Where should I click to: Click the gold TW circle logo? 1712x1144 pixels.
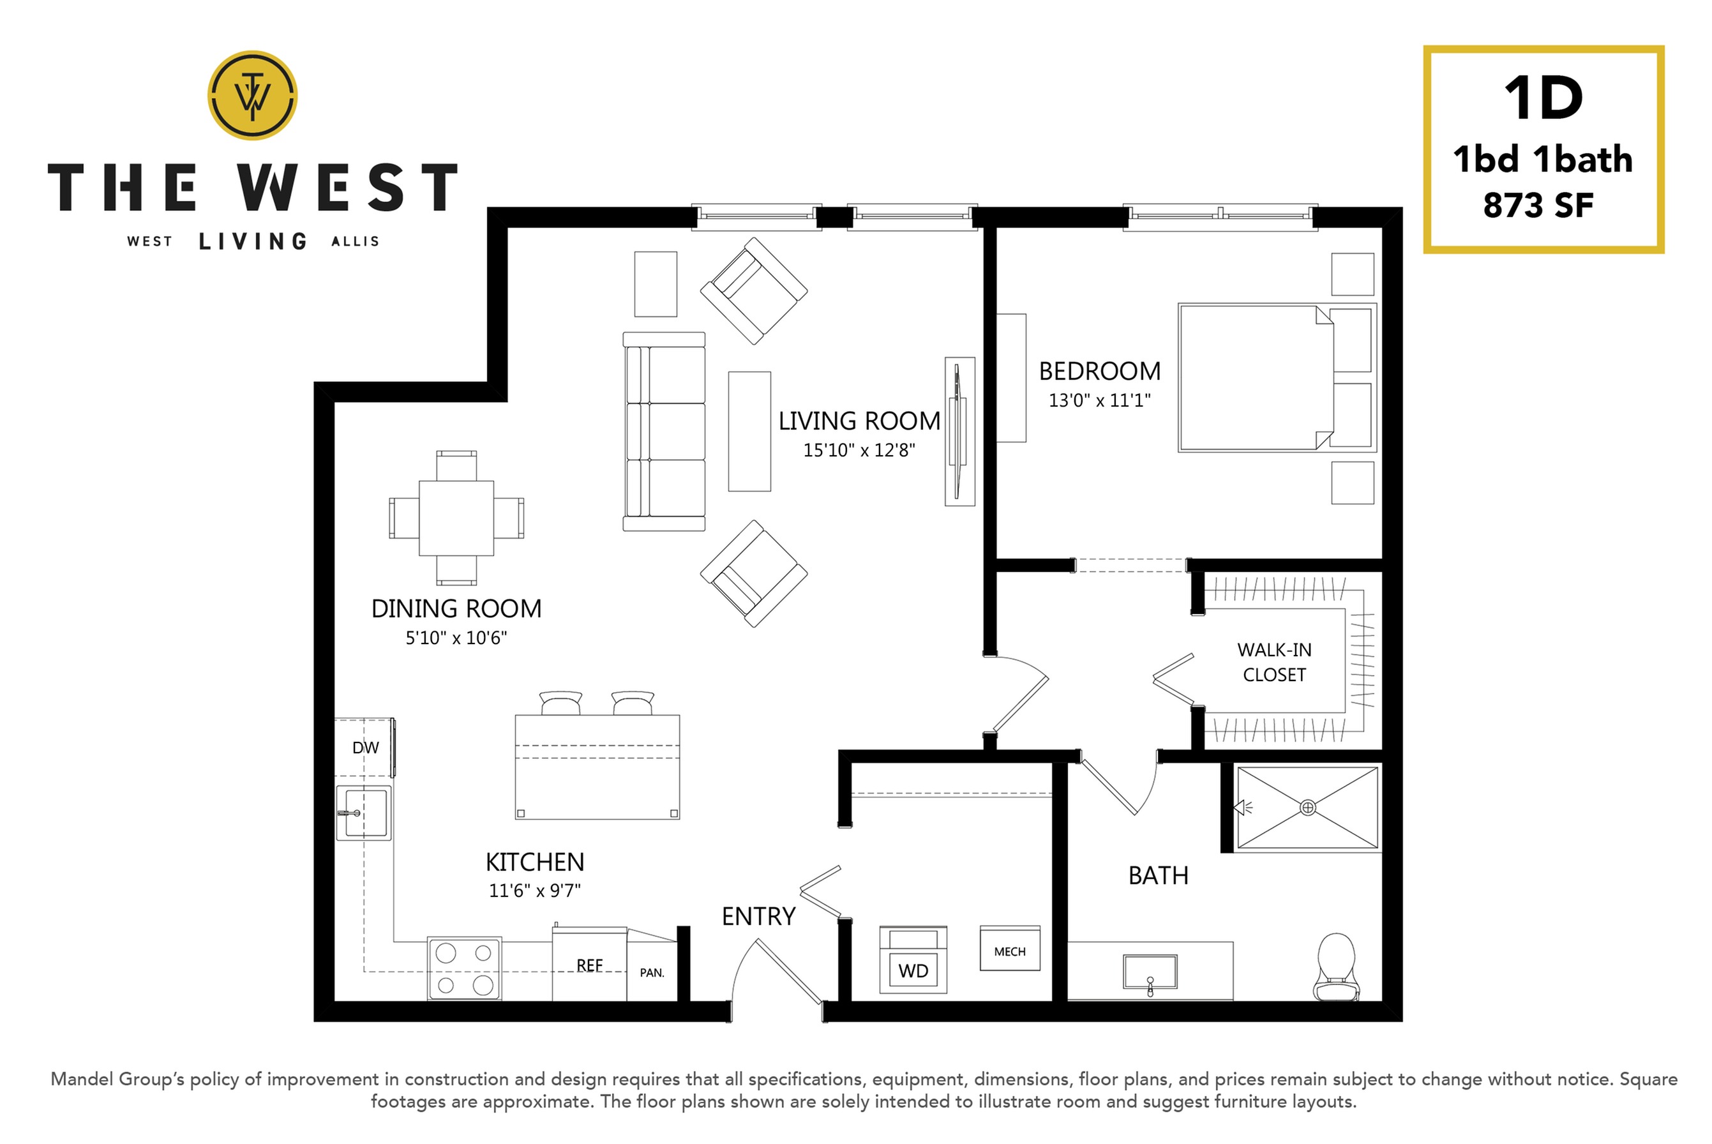[252, 95]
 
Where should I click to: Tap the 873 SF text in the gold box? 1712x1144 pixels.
[1538, 206]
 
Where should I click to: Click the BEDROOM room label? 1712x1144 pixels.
[1099, 372]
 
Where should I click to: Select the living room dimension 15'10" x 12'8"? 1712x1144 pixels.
[859, 450]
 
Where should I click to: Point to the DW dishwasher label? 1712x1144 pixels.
[366, 748]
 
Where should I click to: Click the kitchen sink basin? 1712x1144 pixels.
[364, 813]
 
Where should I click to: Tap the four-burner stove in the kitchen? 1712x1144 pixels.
[464, 968]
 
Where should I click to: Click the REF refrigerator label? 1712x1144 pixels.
[589, 965]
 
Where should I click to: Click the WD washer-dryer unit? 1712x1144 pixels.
[913, 960]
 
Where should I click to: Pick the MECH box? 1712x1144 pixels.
[1010, 949]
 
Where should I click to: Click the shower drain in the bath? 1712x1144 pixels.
[1308, 808]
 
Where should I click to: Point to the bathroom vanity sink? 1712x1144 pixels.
[1150, 972]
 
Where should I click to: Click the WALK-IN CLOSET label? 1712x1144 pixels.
[1274, 663]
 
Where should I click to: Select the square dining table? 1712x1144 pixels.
[456, 518]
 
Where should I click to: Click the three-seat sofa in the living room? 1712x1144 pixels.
[664, 431]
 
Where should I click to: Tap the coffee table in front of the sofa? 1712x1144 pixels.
[749, 431]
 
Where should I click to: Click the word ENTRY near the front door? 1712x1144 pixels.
[758, 916]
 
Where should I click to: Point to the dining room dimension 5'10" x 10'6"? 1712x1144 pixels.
[456, 638]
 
